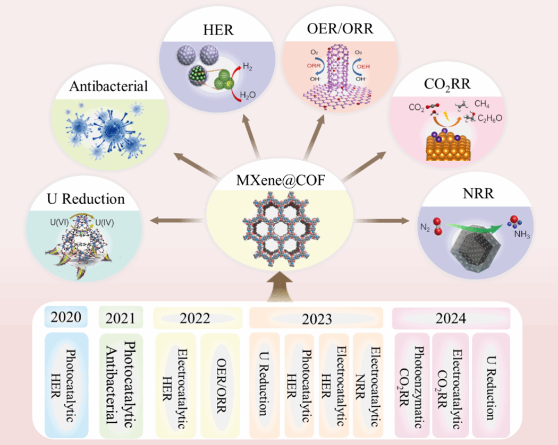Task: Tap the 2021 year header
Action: (x=121, y=318)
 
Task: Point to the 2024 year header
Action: (x=451, y=318)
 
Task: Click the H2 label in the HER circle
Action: (x=248, y=66)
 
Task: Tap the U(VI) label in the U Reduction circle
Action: (x=57, y=217)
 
